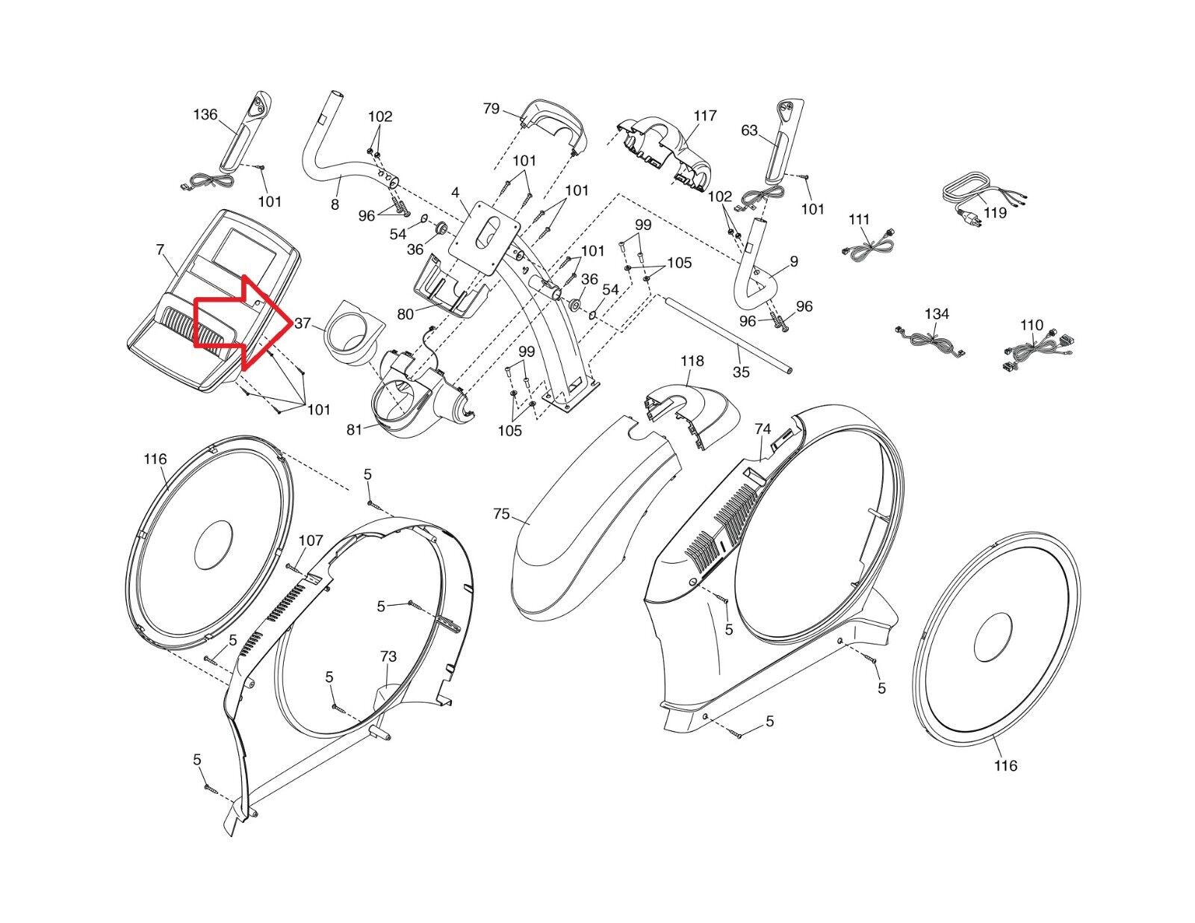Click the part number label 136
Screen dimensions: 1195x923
(x=205, y=114)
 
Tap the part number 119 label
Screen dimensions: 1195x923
(x=995, y=213)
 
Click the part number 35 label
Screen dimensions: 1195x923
(x=740, y=371)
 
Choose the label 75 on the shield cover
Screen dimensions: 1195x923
(x=501, y=515)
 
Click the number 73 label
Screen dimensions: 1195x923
(x=388, y=657)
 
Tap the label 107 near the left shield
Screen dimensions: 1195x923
(x=311, y=541)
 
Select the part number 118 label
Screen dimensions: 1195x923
(x=692, y=361)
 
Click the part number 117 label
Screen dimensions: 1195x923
(x=704, y=116)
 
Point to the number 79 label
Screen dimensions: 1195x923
(x=491, y=109)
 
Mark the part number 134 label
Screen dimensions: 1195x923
(x=937, y=314)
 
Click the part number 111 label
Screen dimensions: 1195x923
(x=860, y=220)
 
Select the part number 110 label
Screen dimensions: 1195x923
(x=1031, y=325)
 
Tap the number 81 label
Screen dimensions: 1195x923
(x=354, y=429)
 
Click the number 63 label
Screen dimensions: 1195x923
(x=749, y=131)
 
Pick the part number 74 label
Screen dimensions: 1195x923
(x=763, y=429)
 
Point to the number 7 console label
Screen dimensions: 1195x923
(x=160, y=249)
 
